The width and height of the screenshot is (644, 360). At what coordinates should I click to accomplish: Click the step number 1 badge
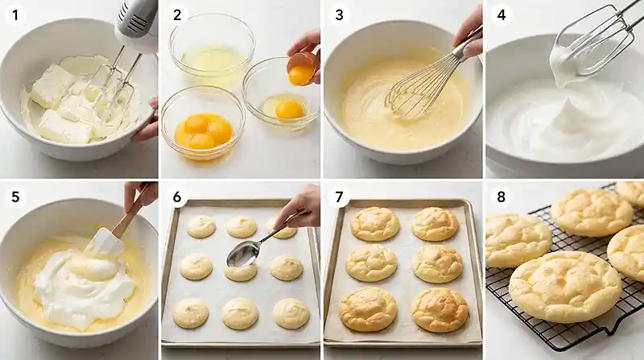15,15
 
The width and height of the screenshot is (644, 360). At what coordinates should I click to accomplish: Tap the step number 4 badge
501,15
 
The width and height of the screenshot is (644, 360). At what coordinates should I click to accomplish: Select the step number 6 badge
177,197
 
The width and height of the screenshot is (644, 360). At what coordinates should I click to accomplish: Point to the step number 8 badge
501,197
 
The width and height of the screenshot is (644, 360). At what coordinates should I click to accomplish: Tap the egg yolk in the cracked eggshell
300,74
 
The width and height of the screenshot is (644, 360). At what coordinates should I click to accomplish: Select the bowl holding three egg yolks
204,122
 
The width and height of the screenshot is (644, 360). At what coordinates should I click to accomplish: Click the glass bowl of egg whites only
212,48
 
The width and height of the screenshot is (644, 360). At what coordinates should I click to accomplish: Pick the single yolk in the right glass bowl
289,110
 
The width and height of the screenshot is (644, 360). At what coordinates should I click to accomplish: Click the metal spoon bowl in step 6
243,254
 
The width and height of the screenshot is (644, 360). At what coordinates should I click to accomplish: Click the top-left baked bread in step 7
374,224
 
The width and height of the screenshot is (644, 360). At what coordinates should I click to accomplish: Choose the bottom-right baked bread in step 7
440,310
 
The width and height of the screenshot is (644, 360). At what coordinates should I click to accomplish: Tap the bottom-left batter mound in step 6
191,313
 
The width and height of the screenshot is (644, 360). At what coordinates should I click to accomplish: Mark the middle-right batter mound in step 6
287,267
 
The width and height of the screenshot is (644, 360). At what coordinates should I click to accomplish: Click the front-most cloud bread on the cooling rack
565,287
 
